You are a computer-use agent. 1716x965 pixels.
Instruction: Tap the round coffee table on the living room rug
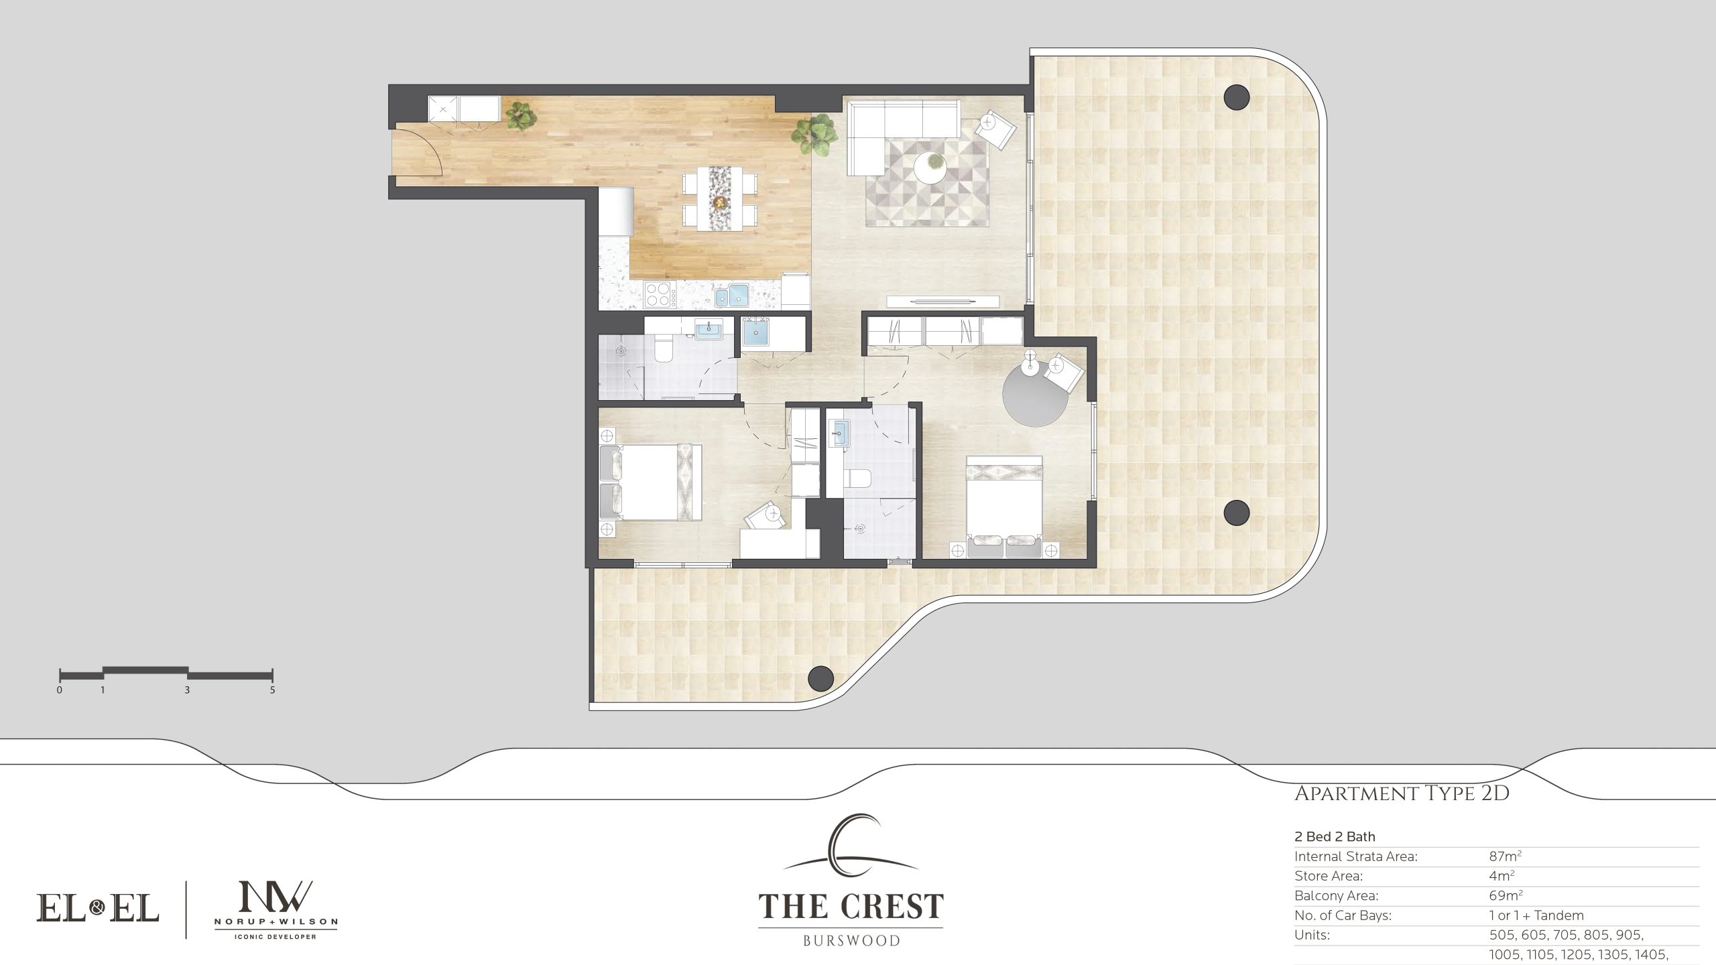click(x=931, y=167)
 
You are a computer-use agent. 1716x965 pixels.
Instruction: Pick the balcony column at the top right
click(x=1236, y=98)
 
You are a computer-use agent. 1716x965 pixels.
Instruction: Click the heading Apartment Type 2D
click(x=1402, y=794)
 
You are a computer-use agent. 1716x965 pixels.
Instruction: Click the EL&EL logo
click(x=97, y=909)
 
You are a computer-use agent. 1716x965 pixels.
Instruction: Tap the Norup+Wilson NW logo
click(x=275, y=909)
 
